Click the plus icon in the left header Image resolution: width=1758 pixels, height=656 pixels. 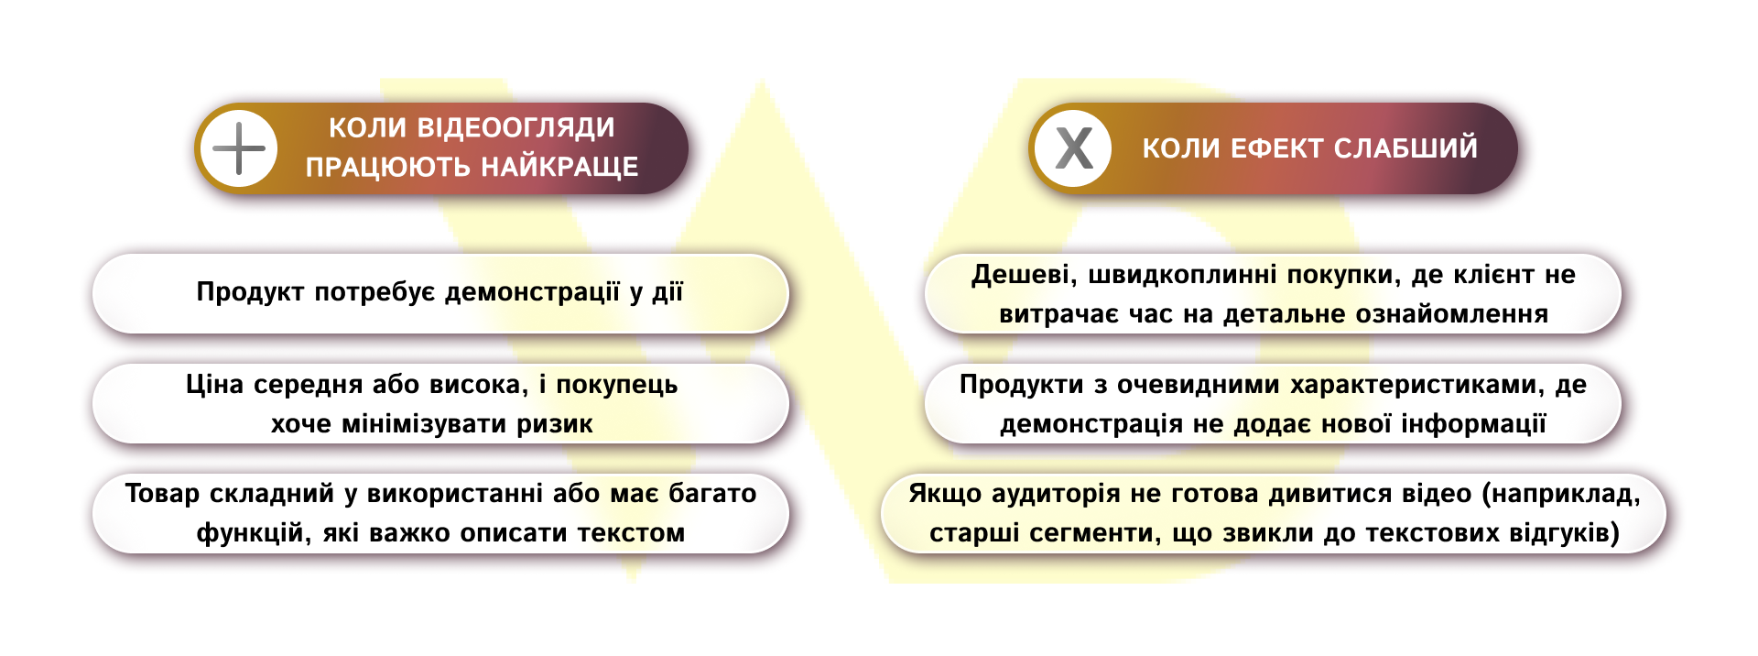click(239, 148)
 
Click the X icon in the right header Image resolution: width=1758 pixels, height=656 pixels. click(1073, 148)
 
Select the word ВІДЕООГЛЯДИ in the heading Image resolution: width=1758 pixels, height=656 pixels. click(515, 127)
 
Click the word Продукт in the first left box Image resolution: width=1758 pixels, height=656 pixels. click(250, 292)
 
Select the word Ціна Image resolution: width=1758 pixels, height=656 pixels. click(214, 384)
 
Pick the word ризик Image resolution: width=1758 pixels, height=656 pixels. click(555, 424)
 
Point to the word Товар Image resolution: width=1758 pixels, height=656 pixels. click(162, 494)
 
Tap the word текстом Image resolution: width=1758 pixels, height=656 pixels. click(631, 533)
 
